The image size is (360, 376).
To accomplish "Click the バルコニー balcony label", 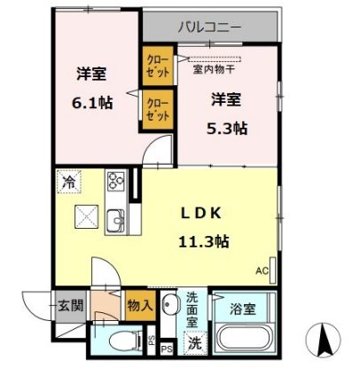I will pos(209,27).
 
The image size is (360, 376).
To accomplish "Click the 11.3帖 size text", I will pos(206,240).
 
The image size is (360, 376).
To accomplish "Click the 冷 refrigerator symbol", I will pos(67,183).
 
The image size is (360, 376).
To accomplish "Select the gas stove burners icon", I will pos(116,182).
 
